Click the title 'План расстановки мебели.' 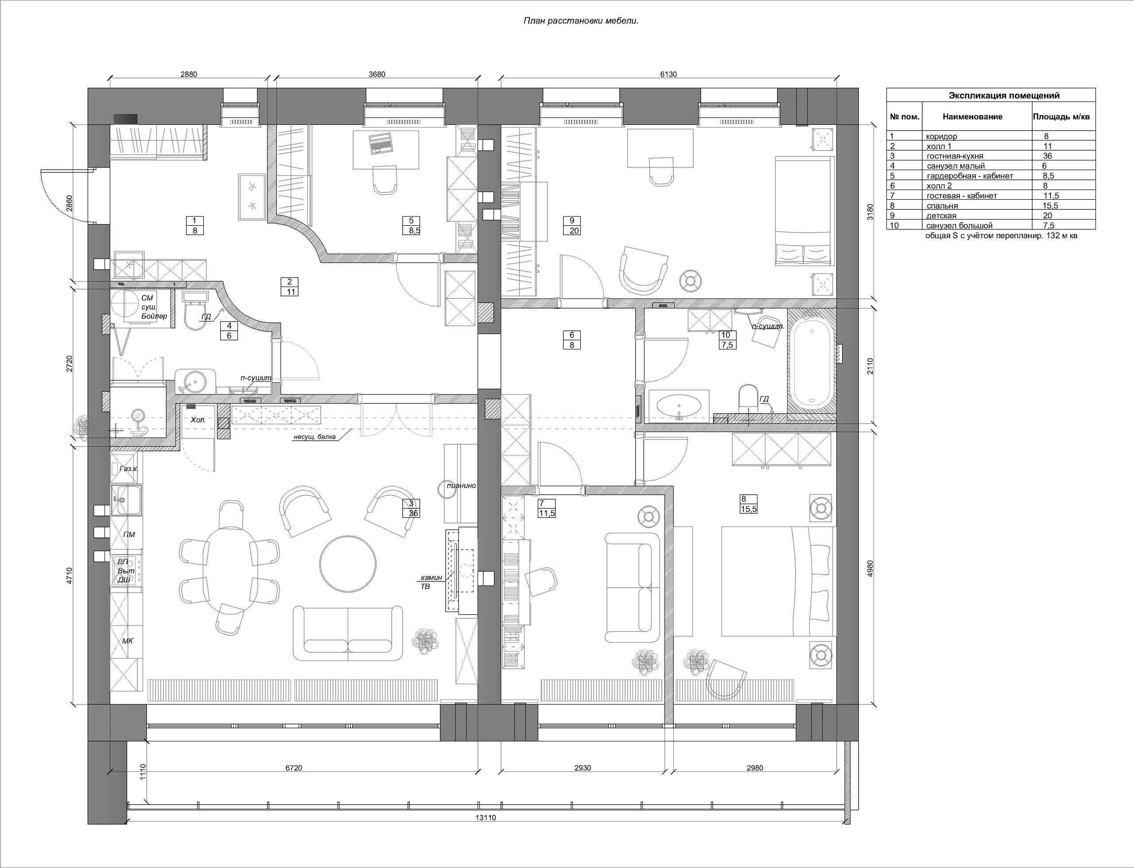(581, 21)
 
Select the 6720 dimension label (294, 768)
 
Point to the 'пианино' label (462, 486)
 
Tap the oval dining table (230, 567)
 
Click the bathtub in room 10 (812, 362)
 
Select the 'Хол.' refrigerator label (198, 420)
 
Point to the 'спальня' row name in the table (942, 205)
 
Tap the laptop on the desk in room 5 (381, 143)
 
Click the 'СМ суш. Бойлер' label (154, 307)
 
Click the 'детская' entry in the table (941, 215)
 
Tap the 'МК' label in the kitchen (128, 641)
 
